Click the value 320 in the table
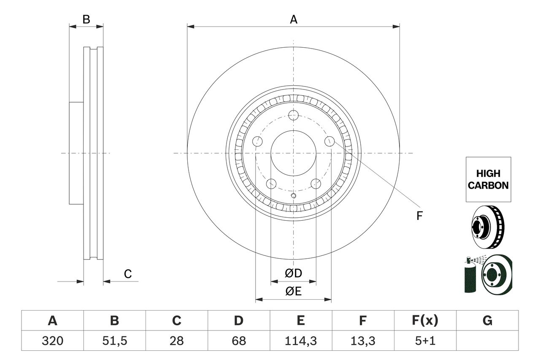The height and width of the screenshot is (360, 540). pyautogui.click(x=52, y=341)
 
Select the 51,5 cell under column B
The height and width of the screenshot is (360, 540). pyautogui.click(x=114, y=341)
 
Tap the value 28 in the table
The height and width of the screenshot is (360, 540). pyautogui.click(x=176, y=341)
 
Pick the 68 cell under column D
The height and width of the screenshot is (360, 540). pyautogui.click(x=238, y=341)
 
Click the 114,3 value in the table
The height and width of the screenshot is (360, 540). pyautogui.click(x=300, y=341)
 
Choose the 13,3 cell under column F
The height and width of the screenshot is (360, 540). pyautogui.click(x=362, y=341)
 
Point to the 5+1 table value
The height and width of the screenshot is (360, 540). pyautogui.click(x=425, y=341)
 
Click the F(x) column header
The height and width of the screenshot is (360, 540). pyautogui.click(x=425, y=321)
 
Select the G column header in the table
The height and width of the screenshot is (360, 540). pyautogui.click(x=487, y=321)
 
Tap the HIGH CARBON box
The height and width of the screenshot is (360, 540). pyautogui.click(x=488, y=179)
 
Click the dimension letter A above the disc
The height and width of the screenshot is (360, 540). pyautogui.click(x=294, y=19)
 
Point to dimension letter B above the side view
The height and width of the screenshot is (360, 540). pyautogui.click(x=86, y=19)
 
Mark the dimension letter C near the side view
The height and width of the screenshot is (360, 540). pyautogui.click(x=128, y=274)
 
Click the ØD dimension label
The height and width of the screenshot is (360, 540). pyautogui.click(x=294, y=273)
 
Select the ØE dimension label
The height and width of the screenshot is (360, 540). pyautogui.click(x=294, y=292)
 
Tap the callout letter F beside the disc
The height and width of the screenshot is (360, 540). pyautogui.click(x=419, y=216)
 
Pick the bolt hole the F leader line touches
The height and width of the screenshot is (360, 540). pyautogui.click(x=329, y=141)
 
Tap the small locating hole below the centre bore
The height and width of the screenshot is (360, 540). pyautogui.click(x=294, y=195)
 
